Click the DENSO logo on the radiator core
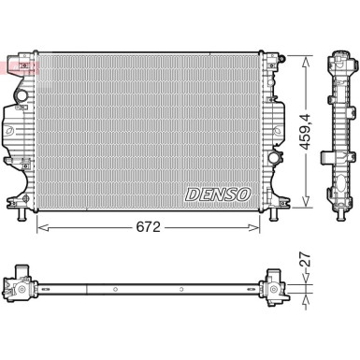pyautogui.click(x=220, y=194)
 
